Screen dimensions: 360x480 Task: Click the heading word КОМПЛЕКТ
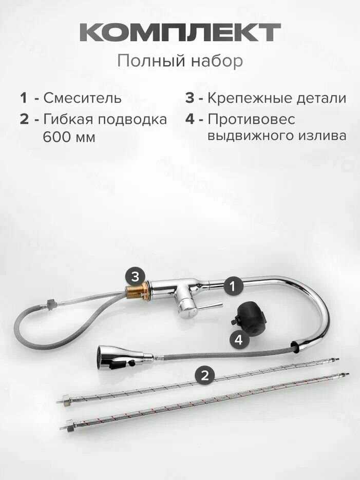click(180, 32)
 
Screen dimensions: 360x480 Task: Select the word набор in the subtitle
click(217, 61)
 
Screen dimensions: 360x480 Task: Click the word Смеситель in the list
click(82, 98)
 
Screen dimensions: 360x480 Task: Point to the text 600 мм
click(69, 137)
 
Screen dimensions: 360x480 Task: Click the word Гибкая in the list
click(68, 119)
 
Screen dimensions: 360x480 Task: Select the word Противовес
click(251, 119)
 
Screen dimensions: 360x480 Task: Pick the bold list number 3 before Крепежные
click(190, 98)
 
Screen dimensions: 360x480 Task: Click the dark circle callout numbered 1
click(233, 286)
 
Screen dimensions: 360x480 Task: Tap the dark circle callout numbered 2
click(205, 375)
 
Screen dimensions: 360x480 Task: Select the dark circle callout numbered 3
click(135, 276)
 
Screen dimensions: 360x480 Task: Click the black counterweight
click(248, 318)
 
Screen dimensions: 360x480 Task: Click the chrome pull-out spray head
click(121, 357)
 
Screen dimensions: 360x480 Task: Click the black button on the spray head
click(131, 363)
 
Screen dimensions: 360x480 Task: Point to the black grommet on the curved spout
click(295, 347)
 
